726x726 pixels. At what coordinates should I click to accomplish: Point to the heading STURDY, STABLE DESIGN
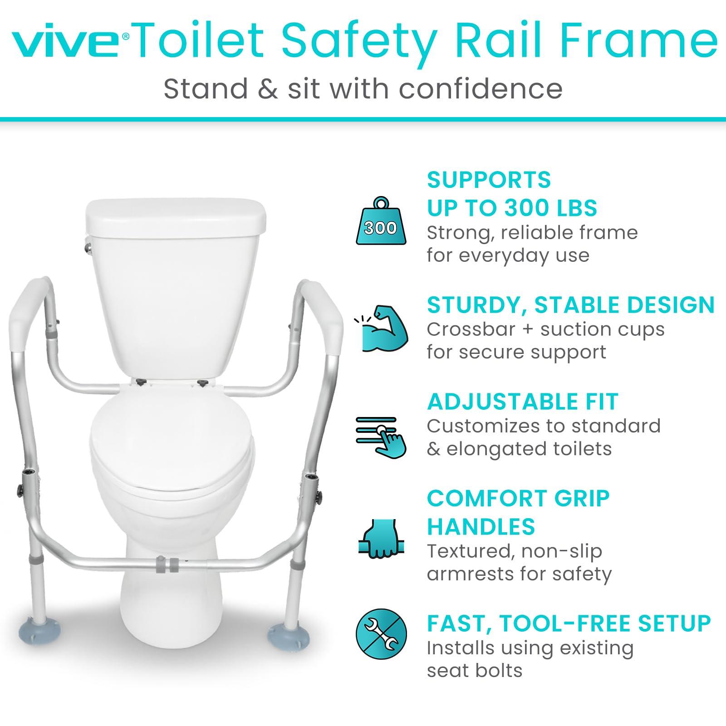point(570,305)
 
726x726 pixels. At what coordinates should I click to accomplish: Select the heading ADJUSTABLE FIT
point(522,402)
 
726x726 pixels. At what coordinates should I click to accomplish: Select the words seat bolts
point(474,671)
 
